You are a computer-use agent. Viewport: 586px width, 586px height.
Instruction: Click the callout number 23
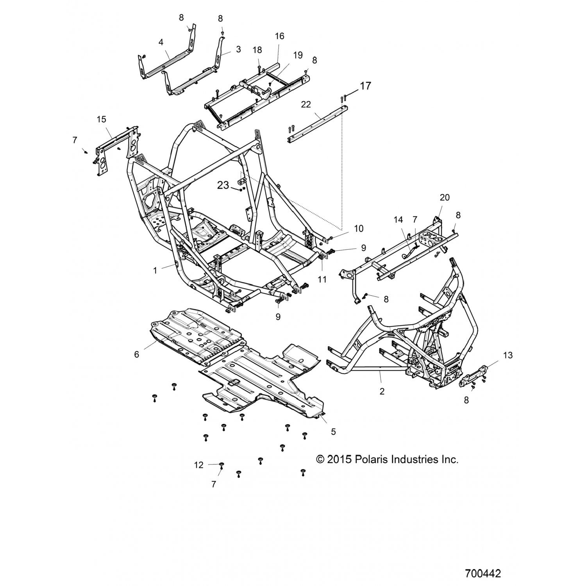[x=223, y=185]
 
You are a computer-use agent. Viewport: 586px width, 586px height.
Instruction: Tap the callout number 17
[x=365, y=86]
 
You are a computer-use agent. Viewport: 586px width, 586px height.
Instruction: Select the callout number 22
[x=306, y=104]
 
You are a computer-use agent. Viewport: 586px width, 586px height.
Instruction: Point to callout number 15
[x=102, y=119]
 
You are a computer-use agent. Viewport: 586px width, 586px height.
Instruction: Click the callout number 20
[x=445, y=197]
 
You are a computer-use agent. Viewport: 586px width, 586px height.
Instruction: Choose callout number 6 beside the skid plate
[x=136, y=354]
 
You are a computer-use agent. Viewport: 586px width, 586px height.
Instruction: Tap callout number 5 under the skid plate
[x=333, y=432]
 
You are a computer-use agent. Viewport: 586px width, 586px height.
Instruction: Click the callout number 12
[x=199, y=465]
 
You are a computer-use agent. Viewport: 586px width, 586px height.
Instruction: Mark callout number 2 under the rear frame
[x=382, y=391]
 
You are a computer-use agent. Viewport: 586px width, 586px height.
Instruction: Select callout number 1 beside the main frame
[x=155, y=270]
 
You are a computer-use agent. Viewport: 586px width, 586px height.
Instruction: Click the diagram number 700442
[x=483, y=573]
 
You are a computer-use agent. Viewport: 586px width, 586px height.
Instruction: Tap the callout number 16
[x=280, y=36]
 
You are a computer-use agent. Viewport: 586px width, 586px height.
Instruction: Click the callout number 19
[x=298, y=55]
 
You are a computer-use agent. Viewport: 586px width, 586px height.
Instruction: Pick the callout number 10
[x=359, y=228]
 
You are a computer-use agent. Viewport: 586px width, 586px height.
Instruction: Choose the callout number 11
[x=322, y=279]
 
